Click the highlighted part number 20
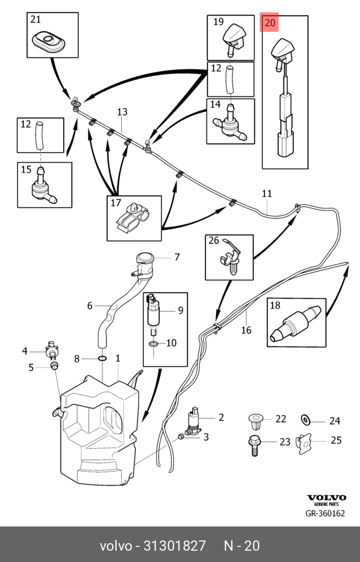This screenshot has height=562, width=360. click(270, 23)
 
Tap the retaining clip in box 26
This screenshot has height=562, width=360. click(230, 257)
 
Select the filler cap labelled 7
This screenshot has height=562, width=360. click(144, 262)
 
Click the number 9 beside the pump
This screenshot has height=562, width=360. click(180, 310)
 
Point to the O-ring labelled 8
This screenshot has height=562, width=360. click(101, 358)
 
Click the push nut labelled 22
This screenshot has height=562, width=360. click(255, 419)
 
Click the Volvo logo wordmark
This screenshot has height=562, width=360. click(326, 498)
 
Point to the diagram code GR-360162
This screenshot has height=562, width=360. click(325, 514)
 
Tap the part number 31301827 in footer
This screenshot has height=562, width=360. click(174, 546)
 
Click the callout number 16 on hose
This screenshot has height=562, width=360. click(246, 330)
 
